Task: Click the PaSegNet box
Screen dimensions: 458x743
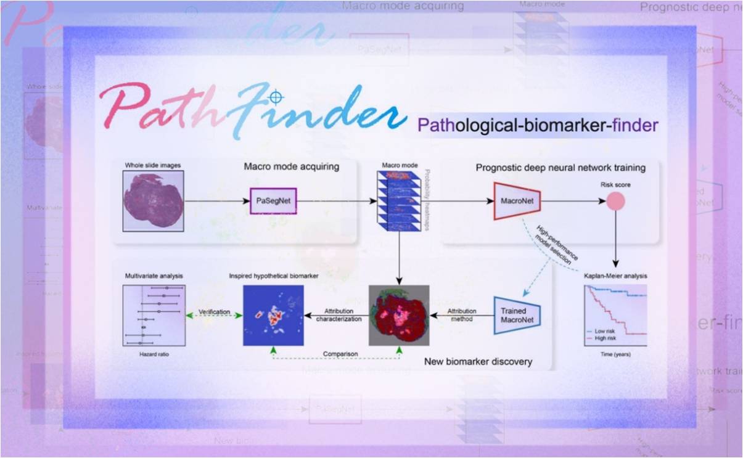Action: (x=273, y=201)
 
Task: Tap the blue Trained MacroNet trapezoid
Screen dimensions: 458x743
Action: (x=517, y=316)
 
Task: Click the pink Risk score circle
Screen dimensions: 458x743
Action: (x=615, y=201)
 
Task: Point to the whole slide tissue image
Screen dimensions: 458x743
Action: (x=153, y=202)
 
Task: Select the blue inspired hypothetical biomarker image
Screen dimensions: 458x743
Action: (x=273, y=314)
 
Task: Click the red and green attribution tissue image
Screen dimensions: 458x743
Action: (x=398, y=315)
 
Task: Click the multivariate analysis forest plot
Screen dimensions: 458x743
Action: (x=153, y=314)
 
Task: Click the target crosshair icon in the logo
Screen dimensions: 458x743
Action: (x=276, y=97)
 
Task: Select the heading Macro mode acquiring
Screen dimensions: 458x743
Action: (x=291, y=166)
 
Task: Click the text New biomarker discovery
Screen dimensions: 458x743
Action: (x=478, y=361)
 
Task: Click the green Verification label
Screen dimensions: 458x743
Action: (x=214, y=313)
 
